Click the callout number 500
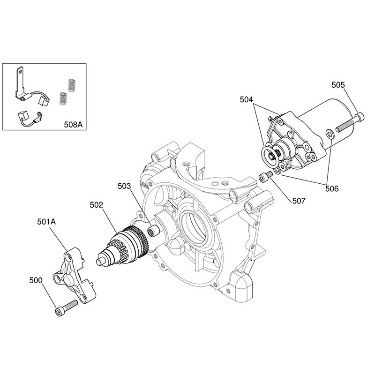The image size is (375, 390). coord(36,280)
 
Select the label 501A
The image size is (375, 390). coord(46,222)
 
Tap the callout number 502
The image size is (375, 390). coord(97,205)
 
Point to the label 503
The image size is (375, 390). coord(124,186)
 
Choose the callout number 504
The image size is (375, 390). coord(246,99)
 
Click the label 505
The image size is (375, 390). coord(338,85)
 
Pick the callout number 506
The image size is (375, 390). coord(332,189)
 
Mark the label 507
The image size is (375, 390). coord(299,201)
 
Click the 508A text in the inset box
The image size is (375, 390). coord(73,124)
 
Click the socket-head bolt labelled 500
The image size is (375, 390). coord(66,308)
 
